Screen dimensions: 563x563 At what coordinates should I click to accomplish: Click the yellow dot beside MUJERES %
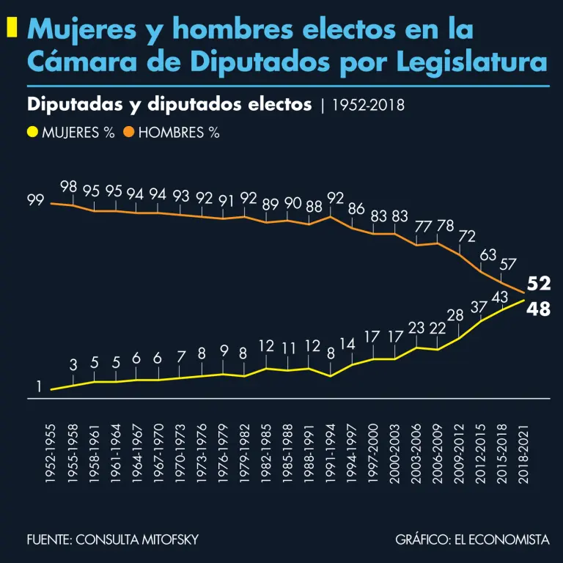tap(32, 133)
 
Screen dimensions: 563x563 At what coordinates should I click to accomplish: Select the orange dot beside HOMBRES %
tap(128, 133)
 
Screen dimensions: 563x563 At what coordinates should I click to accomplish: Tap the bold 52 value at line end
tap(539, 284)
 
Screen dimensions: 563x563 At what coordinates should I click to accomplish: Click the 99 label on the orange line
tap(35, 199)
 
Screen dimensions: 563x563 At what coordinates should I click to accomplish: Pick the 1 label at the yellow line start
tap(39, 386)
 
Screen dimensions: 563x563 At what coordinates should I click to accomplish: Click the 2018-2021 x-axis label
tap(523, 452)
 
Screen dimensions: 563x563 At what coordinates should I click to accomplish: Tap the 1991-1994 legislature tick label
tap(331, 452)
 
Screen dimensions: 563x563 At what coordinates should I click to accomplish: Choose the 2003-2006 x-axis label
tap(417, 452)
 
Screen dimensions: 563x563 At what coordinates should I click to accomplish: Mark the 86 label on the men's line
tap(356, 208)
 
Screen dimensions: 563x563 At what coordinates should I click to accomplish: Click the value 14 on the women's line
tap(347, 343)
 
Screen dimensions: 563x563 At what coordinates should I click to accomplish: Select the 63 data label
tap(488, 254)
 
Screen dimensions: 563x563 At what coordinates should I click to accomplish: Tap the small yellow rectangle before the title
tap(12, 29)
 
